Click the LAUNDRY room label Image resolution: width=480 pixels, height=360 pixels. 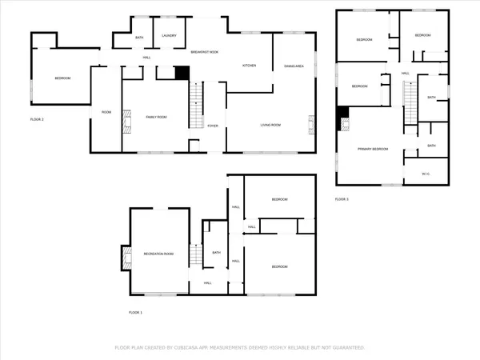click(x=168, y=37)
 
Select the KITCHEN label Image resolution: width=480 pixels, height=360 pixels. click(x=249, y=66)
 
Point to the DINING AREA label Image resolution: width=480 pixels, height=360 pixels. click(x=293, y=66)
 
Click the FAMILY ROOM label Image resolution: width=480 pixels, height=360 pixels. click(x=156, y=117)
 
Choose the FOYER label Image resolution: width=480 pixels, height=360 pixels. click(x=212, y=126)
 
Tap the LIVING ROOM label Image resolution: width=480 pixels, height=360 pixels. click(x=270, y=125)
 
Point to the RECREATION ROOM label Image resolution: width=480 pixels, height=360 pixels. click(x=159, y=254)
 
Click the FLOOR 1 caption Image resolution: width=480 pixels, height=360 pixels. click(x=135, y=312)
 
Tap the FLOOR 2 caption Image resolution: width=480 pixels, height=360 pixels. click(x=37, y=118)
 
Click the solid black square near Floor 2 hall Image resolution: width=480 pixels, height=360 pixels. click(x=182, y=72)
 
